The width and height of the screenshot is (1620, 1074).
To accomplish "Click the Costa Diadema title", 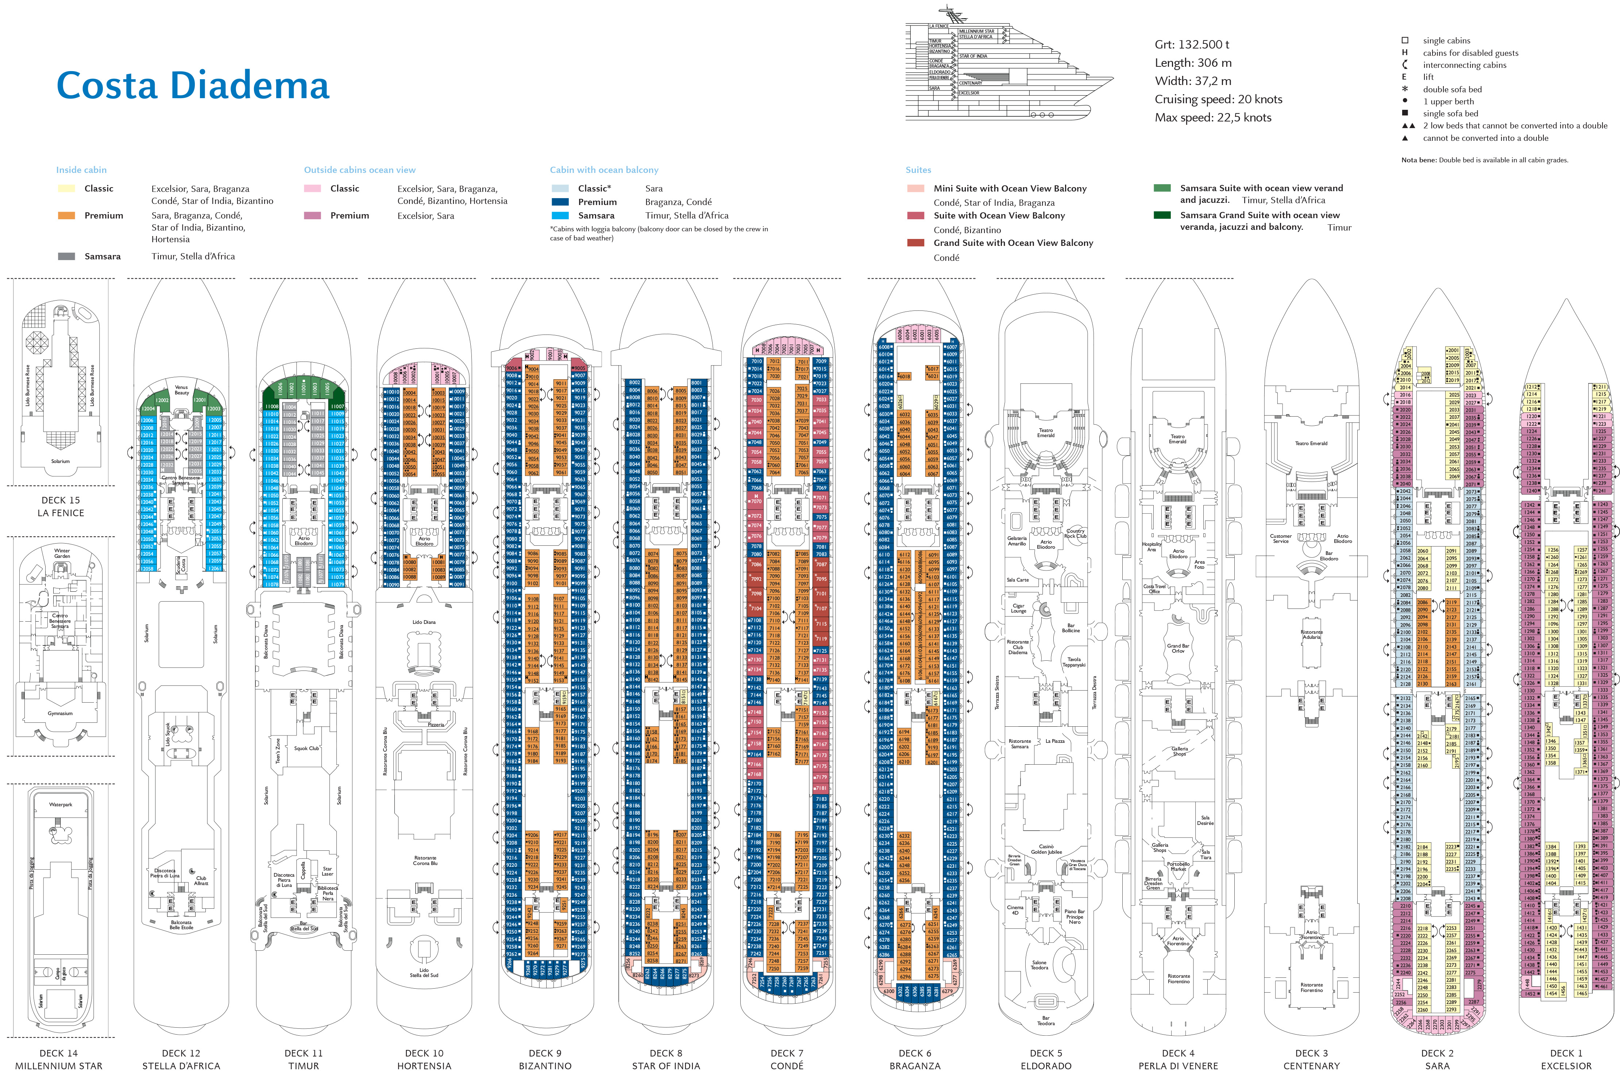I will (x=193, y=86).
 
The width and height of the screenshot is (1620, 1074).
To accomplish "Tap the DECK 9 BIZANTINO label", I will (x=545, y=1059).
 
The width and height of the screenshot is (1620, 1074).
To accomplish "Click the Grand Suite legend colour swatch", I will (x=916, y=243).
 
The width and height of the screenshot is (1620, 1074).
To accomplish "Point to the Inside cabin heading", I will (x=81, y=170).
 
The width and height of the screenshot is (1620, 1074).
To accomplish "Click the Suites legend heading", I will (x=918, y=170).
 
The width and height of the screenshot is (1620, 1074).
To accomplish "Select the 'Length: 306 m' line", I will (x=1193, y=63).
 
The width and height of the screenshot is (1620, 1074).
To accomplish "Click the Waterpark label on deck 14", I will (x=60, y=805).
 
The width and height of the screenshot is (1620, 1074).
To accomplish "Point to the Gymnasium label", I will (x=60, y=713).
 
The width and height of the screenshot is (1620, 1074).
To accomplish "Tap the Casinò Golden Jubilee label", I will (x=1046, y=849).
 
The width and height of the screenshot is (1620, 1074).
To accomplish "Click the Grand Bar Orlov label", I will (x=1178, y=648).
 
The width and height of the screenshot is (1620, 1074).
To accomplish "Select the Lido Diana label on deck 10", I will (x=424, y=622).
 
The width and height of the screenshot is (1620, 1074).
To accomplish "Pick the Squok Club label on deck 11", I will (x=306, y=748).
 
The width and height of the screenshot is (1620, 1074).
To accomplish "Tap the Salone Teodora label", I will (x=1039, y=965).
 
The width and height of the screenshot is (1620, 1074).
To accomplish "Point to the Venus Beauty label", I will (x=182, y=390).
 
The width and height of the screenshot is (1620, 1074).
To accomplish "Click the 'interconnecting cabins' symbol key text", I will (x=1465, y=65).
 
